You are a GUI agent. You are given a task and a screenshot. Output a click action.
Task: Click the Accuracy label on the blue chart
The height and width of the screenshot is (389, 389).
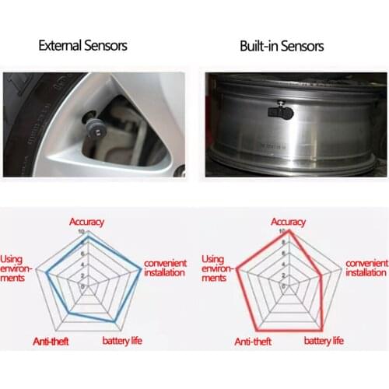(86, 222)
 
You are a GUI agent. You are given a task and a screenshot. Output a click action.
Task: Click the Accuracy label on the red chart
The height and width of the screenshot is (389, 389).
(289, 222)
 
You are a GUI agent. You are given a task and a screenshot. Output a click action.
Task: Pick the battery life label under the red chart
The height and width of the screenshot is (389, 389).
(324, 341)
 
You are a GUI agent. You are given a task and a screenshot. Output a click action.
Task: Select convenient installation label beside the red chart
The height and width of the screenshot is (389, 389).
(366, 268)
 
